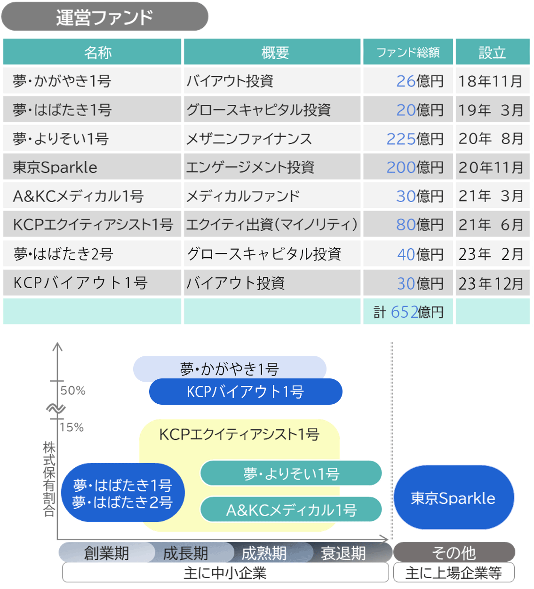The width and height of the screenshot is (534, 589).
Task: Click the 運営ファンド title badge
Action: coord(104,17)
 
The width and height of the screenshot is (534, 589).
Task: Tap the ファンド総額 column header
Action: coord(407,52)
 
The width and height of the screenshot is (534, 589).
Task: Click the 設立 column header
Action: coord(492,52)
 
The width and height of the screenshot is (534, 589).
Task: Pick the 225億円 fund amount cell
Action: coord(414,139)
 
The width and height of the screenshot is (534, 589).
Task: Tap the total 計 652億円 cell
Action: coord(408,312)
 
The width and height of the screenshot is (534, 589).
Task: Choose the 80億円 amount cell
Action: coord(419,225)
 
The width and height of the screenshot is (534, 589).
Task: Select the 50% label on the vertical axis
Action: coord(73,391)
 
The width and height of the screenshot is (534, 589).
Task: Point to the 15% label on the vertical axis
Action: coord(72,427)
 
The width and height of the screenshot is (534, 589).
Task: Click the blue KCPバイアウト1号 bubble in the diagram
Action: coord(245,392)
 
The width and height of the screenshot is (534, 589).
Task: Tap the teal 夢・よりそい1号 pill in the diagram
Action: coord(291,473)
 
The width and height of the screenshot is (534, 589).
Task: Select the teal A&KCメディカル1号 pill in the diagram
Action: coord(291,510)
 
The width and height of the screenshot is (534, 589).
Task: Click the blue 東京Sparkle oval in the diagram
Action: coord(453,498)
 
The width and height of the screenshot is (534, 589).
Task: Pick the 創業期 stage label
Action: coord(106,553)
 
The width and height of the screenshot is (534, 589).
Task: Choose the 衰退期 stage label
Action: coord(343,553)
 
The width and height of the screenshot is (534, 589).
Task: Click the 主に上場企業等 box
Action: coord(454,573)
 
